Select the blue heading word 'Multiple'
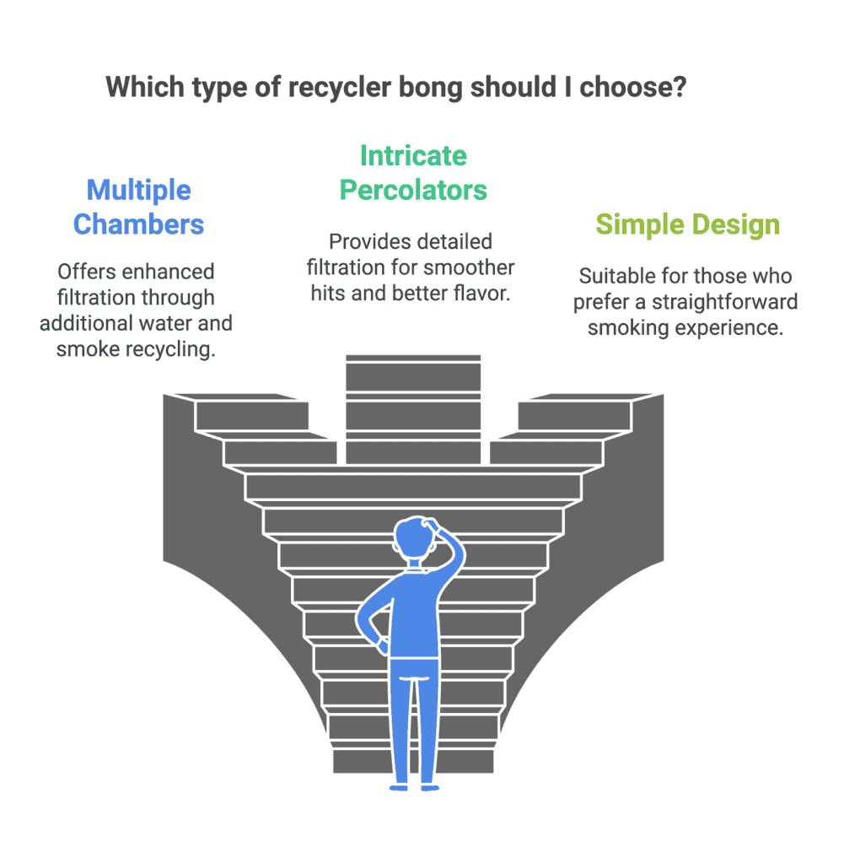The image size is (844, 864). point(139,191)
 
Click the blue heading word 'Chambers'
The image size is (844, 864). point(139,224)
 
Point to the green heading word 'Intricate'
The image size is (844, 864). point(413,156)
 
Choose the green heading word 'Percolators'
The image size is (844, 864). point(413,190)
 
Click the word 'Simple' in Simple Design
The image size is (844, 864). point(640,225)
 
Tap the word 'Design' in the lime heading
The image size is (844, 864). point(736,225)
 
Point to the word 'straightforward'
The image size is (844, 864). point(724,303)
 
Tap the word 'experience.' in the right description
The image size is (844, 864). point(729,328)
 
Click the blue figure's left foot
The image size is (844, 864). point(399,787)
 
